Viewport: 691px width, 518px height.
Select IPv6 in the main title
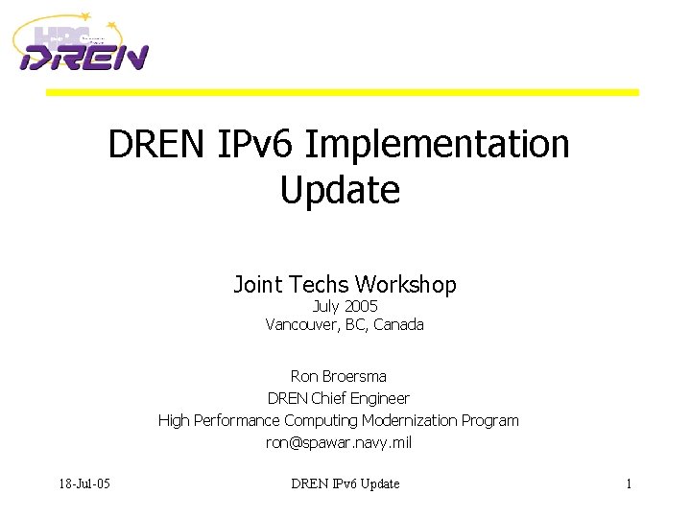(248, 145)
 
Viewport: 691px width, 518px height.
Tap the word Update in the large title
(340, 190)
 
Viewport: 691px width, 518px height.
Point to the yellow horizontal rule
(343, 92)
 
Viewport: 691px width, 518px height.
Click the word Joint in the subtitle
(257, 285)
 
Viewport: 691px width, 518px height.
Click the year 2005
(361, 306)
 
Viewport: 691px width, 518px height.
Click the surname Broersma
(353, 376)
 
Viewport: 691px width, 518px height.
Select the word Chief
(331, 398)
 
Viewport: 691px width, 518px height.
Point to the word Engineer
(382, 398)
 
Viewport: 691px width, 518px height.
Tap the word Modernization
(407, 420)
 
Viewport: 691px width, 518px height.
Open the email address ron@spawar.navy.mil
(339, 442)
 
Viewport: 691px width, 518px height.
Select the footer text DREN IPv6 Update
(345, 483)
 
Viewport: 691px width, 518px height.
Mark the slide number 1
(629, 483)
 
